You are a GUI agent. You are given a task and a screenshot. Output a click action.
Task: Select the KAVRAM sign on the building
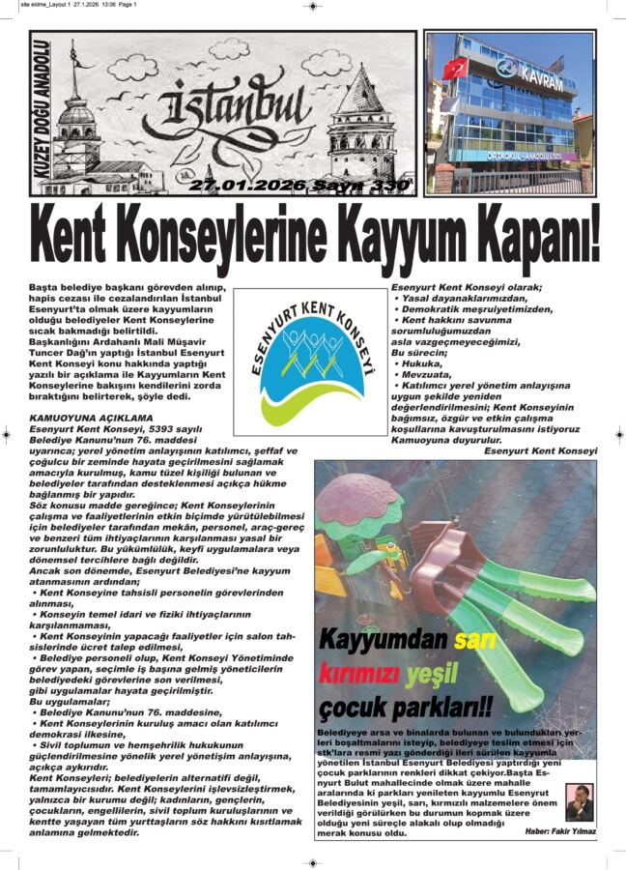click(x=539, y=74)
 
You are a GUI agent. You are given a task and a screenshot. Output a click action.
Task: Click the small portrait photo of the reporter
click(x=579, y=799)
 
